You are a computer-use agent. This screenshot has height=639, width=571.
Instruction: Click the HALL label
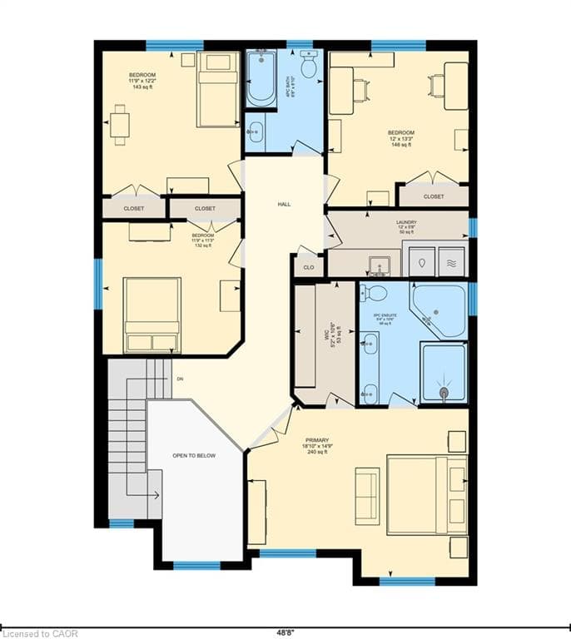tap(284, 204)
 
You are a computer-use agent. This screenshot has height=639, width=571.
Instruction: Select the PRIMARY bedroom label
tap(317, 441)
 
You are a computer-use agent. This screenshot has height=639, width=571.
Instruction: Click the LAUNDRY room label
tap(406, 223)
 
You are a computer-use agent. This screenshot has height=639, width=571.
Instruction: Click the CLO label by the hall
tap(308, 267)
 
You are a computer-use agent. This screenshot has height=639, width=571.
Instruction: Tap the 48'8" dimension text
tap(285, 632)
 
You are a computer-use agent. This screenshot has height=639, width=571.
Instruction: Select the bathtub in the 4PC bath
tap(261, 79)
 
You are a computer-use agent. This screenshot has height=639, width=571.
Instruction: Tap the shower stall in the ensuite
tap(444, 372)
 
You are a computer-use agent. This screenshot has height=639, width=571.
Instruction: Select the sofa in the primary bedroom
tap(367, 496)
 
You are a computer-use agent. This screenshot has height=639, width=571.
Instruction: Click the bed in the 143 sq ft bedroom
tap(218, 90)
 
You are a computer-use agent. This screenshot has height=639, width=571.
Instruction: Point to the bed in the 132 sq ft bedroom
tap(152, 315)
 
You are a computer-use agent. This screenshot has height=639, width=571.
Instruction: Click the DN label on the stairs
tap(179, 379)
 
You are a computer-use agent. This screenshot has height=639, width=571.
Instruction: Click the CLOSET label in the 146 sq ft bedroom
tap(433, 197)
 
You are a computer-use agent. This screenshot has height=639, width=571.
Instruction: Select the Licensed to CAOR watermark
tap(40, 632)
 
